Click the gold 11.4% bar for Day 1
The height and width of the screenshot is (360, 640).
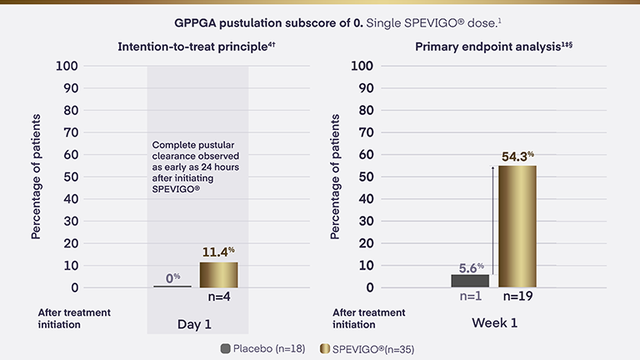click(219, 275)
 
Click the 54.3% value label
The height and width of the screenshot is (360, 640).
click(517, 156)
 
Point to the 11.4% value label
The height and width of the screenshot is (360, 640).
click(219, 252)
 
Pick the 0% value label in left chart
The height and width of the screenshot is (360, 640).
click(172, 277)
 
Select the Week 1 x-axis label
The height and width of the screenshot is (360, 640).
click(494, 323)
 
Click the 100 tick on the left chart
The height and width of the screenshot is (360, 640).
click(68, 66)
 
